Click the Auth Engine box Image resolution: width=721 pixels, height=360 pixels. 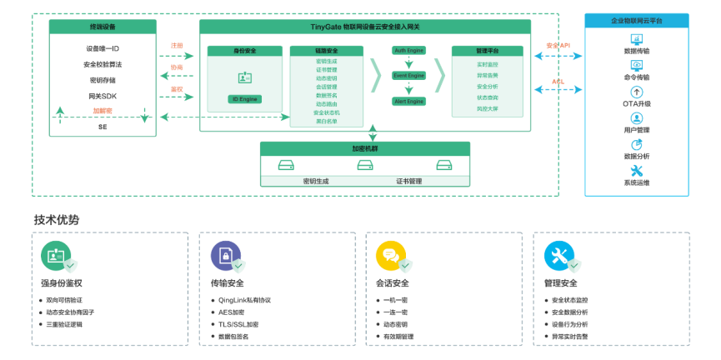coord(408,50)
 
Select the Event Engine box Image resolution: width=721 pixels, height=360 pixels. coord(408,76)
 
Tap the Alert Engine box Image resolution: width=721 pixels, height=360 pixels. coord(408,101)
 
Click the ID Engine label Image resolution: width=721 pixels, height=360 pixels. coord(245,99)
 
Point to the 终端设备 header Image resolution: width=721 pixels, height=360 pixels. coord(103,27)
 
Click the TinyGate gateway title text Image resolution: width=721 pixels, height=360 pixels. coord(365,27)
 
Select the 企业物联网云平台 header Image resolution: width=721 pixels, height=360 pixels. coord(636,21)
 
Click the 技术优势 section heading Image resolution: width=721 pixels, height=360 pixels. coord(57,220)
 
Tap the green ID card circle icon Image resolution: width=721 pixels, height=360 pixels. coord(56,255)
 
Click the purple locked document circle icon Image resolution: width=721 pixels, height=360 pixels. coord(225,255)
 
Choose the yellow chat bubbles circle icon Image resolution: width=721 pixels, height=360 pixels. coord(390,255)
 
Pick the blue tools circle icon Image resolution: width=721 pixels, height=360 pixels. coord(558,255)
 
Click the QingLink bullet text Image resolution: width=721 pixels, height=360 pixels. coord(244,300)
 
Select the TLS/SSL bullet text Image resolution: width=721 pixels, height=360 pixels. coord(238,324)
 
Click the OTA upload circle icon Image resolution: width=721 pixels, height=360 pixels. coord(636,92)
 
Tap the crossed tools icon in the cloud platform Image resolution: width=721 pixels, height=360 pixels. coord(636,171)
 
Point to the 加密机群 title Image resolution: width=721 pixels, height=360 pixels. coord(364,148)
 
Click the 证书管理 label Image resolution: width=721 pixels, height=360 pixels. coord(408,181)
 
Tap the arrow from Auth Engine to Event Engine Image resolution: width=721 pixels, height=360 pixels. coord(408,62)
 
